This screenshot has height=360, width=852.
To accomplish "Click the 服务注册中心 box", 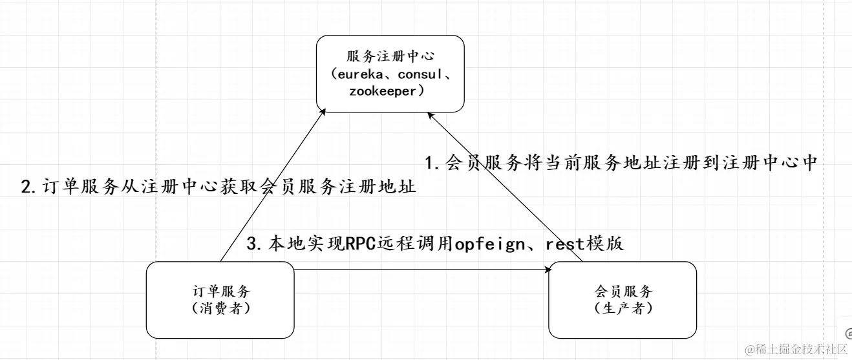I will pyautogui.click(x=390, y=73).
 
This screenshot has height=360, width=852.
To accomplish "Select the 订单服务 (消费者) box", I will pyautogui.click(x=220, y=299).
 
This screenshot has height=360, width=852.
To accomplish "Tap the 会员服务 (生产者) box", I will pyautogui.click(x=623, y=299).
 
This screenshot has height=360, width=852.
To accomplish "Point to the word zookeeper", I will pyautogui.click(x=381, y=91).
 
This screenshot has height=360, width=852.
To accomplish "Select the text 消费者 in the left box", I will pyautogui.click(x=221, y=308).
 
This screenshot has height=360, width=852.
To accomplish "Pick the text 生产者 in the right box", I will pyautogui.click(x=623, y=308).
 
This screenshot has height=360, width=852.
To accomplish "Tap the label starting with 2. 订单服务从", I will pyautogui.click(x=218, y=187).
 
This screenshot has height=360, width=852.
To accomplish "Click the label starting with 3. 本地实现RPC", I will pyautogui.click(x=436, y=244).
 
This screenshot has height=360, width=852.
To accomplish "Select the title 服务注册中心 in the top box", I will pyautogui.click(x=390, y=57).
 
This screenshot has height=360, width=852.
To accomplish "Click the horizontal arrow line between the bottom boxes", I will pyautogui.click(x=420, y=270).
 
